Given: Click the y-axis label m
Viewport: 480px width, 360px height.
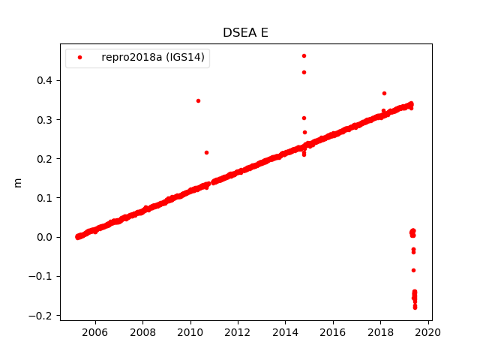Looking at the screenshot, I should (x=18, y=182).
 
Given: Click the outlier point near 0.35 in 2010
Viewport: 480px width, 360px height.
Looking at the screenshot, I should (x=198, y=100).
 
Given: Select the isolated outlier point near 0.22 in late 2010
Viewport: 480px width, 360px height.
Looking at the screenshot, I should (x=206, y=152).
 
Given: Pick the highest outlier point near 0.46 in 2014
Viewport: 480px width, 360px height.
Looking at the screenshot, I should (x=304, y=55).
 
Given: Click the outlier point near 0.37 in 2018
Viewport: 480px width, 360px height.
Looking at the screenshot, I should (x=384, y=93).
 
